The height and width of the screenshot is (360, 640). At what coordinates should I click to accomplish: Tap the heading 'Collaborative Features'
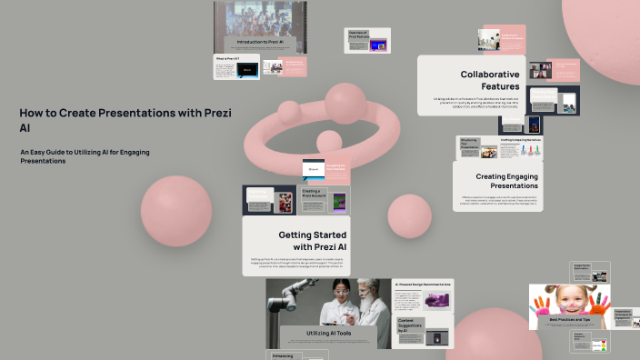(x=490, y=80)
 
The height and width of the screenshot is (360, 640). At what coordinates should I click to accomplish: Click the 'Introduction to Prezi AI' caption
(x=260, y=42)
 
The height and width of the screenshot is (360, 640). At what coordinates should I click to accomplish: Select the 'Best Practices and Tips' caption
(x=571, y=320)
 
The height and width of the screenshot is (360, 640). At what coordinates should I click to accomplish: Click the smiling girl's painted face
(x=570, y=299)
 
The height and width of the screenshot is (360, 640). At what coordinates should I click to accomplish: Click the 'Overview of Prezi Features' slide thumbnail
(x=368, y=40)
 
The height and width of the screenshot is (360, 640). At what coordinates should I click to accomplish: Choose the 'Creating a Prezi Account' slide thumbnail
(x=313, y=199)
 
